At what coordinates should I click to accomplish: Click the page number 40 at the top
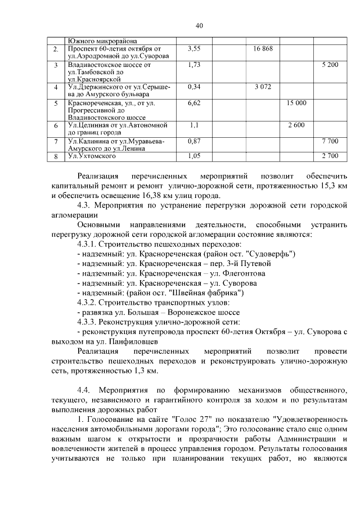(x=199, y=25)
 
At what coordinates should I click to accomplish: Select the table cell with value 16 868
(x=263, y=49)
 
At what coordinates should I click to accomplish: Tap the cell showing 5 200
(x=330, y=65)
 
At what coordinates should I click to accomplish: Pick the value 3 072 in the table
(x=263, y=87)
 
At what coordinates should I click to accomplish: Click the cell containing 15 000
(x=296, y=103)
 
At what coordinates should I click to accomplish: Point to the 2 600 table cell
(x=296, y=124)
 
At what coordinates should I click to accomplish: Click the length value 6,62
(x=194, y=103)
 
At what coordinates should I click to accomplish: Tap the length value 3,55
(x=194, y=49)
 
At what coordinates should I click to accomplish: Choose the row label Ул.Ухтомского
(x=88, y=156)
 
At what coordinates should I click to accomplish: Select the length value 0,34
(x=194, y=87)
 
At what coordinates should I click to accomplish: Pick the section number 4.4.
(x=84, y=390)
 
